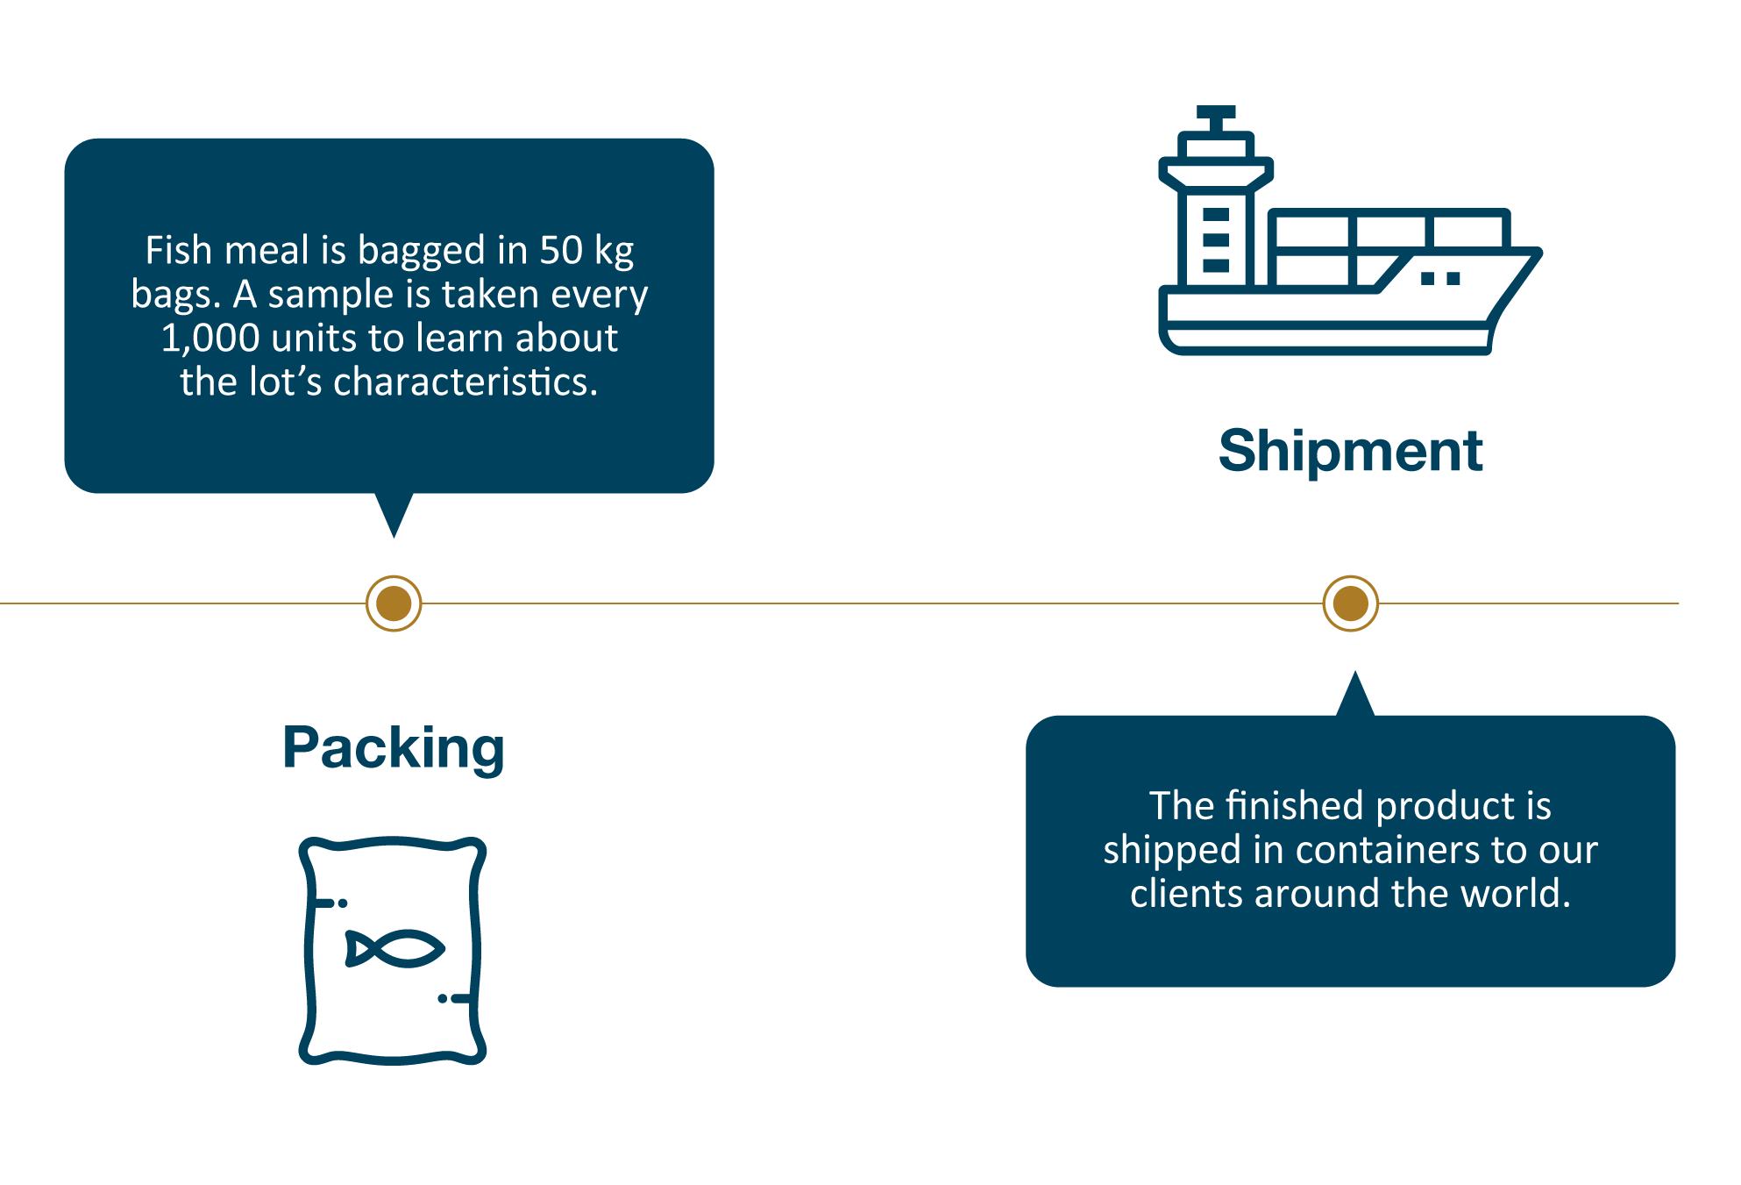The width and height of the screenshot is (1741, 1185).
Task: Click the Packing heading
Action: pyautogui.click(x=394, y=748)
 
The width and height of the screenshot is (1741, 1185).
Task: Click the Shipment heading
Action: pyautogui.click(x=1350, y=451)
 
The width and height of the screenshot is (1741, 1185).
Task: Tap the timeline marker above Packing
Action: pyautogui.click(x=394, y=603)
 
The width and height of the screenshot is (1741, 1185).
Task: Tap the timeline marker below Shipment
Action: pyautogui.click(x=1350, y=603)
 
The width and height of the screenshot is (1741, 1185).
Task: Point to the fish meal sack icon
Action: pyautogui.click(x=393, y=951)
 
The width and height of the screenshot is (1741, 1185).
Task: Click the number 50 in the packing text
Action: pyautogui.click(x=560, y=251)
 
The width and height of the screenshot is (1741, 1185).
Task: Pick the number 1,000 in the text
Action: pyautogui.click(x=210, y=339)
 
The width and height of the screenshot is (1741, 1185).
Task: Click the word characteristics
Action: pyautogui.click(x=465, y=382)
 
